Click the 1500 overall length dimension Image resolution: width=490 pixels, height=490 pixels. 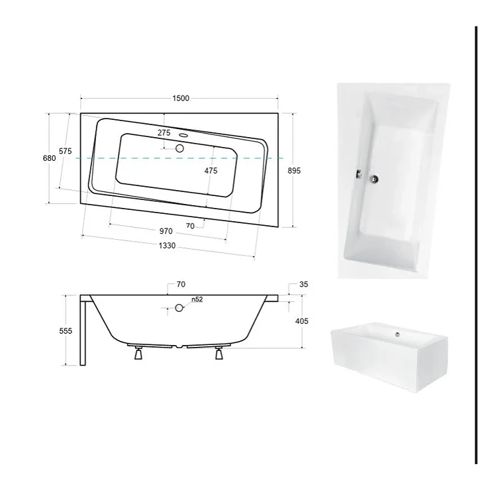181,98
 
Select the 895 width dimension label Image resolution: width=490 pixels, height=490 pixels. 294,171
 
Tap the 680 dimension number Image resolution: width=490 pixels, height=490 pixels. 50,158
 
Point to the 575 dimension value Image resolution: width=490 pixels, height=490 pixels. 66,151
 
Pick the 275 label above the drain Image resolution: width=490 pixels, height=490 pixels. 164,133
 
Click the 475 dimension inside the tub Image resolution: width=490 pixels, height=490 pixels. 211,171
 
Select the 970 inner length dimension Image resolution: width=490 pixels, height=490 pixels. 166,231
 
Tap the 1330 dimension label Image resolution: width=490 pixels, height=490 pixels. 167,246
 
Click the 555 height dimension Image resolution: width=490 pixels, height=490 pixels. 66,330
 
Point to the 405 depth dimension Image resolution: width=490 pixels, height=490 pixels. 301,321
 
